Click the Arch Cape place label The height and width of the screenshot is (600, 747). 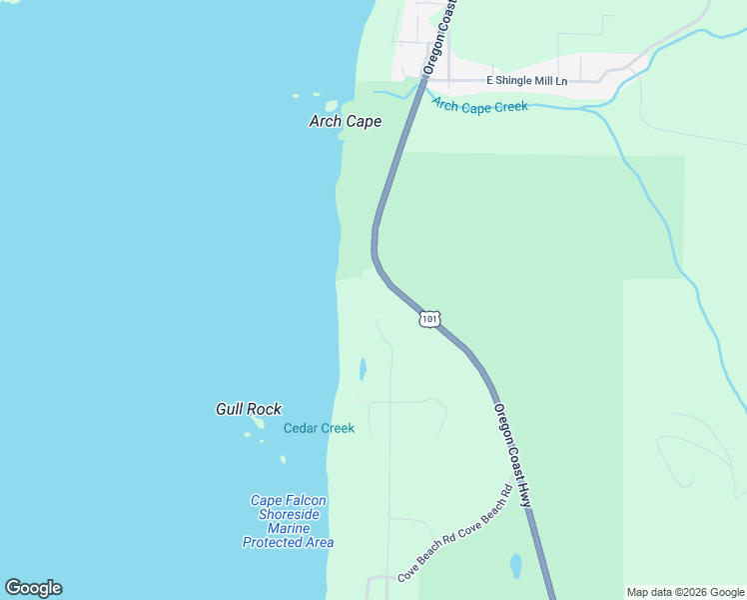click(x=345, y=121)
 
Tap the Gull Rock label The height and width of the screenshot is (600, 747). click(x=248, y=409)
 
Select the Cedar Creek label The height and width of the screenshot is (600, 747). click(x=319, y=428)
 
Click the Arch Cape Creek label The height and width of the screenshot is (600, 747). click(x=479, y=105)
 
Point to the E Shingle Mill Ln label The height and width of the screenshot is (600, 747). click(x=526, y=80)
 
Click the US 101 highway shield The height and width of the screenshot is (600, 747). click(x=428, y=319)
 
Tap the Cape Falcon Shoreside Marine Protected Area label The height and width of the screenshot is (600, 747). click(x=288, y=521)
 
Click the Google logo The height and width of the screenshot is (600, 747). click(x=33, y=588)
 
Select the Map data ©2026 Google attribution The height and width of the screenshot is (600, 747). click(x=685, y=592)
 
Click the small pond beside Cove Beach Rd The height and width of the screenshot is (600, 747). click(x=516, y=566)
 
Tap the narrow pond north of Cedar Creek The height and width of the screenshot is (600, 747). click(x=363, y=369)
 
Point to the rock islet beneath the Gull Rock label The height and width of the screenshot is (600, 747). click(x=259, y=423)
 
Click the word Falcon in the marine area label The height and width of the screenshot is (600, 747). click(x=304, y=500)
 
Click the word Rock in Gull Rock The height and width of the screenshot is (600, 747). click(x=265, y=409)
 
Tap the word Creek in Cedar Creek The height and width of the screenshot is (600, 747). click(x=337, y=428)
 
